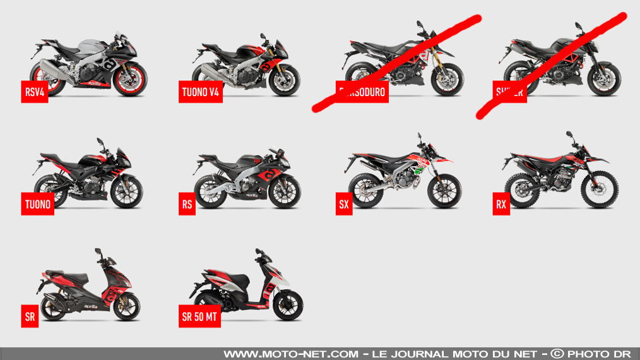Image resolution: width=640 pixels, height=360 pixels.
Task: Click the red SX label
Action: [343, 205]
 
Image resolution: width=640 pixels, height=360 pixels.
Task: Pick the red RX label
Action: [502, 205]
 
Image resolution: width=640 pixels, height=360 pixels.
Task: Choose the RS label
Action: [186, 205]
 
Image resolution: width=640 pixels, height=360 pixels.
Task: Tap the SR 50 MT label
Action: [199, 317]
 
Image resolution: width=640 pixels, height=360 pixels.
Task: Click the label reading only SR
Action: [29, 317]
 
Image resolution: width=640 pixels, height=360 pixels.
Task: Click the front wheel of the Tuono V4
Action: [284, 80]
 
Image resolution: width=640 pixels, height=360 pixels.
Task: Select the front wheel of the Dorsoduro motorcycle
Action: [447, 80]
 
